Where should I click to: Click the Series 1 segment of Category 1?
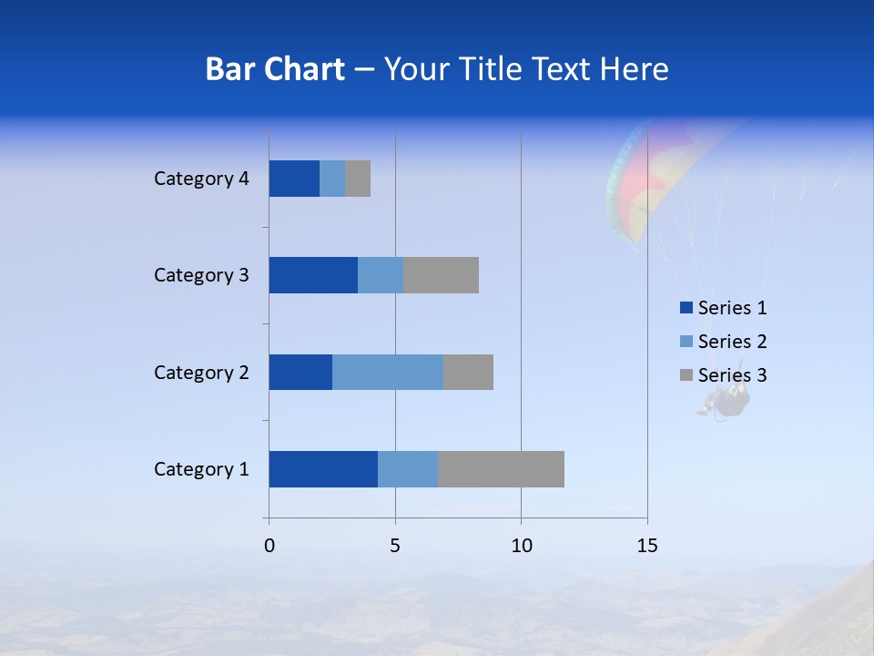(323, 469)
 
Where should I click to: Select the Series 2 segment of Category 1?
(408, 469)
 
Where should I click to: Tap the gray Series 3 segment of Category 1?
(501, 469)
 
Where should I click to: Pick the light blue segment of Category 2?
(388, 372)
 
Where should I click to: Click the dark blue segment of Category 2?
(300, 372)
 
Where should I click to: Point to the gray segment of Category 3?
(441, 275)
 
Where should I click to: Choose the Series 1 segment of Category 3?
(313, 275)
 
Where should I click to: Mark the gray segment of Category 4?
(358, 179)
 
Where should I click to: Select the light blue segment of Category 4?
(332, 179)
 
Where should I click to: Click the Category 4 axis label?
(201, 179)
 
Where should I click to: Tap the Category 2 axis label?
(201, 372)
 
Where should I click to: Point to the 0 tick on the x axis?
(269, 546)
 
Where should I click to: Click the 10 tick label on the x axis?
(521, 546)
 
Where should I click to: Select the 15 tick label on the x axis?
(647, 546)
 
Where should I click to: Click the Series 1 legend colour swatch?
(686, 308)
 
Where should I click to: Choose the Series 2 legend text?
(732, 342)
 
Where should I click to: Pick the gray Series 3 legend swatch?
(686, 375)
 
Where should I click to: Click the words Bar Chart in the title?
(275, 69)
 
